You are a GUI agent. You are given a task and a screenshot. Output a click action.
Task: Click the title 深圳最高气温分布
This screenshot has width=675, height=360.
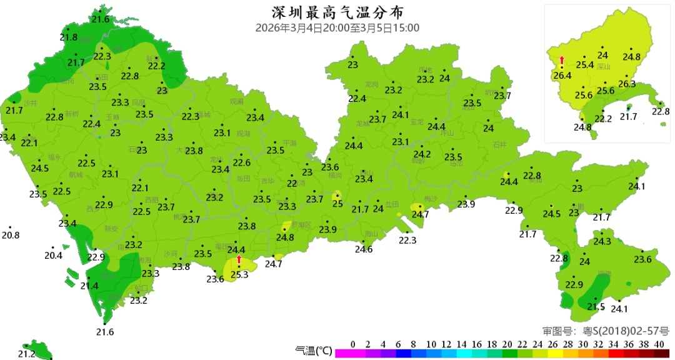(x=337, y=12)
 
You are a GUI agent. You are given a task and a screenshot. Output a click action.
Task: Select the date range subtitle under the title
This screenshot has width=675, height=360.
(x=337, y=28)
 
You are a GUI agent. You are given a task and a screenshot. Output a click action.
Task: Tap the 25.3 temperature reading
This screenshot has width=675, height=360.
(x=239, y=274)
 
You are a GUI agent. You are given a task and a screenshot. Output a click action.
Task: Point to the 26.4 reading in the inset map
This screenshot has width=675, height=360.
(x=562, y=76)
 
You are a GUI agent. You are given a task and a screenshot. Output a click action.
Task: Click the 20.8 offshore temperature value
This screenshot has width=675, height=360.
(x=11, y=236)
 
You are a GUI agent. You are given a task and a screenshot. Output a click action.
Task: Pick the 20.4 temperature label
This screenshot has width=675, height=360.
(x=54, y=256)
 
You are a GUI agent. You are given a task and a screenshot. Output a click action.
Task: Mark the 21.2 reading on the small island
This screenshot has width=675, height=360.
(x=26, y=354)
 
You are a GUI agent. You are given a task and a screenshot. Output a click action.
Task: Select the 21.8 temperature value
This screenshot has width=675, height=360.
(x=69, y=37)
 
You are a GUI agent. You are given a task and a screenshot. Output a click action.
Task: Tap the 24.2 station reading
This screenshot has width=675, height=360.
(x=422, y=154)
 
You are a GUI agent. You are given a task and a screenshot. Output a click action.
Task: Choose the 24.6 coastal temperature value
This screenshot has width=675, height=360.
(x=364, y=249)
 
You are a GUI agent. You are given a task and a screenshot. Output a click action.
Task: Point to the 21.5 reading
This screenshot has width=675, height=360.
(x=596, y=307)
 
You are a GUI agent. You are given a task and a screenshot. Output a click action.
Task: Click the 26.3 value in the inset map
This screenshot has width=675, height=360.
(x=627, y=84)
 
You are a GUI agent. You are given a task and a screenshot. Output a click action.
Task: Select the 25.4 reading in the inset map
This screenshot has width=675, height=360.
(x=585, y=65)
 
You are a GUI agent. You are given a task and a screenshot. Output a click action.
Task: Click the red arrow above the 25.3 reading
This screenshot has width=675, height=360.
(x=239, y=259)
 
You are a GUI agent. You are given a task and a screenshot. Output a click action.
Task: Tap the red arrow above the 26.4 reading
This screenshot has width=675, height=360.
(x=562, y=60)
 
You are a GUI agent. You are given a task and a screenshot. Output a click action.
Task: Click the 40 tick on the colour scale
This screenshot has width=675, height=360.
(x=659, y=344)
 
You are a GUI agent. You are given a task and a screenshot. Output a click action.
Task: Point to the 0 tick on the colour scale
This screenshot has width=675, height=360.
(x=353, y=344)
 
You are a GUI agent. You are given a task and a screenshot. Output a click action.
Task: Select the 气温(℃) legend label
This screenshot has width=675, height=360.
(x=313, y=351)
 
